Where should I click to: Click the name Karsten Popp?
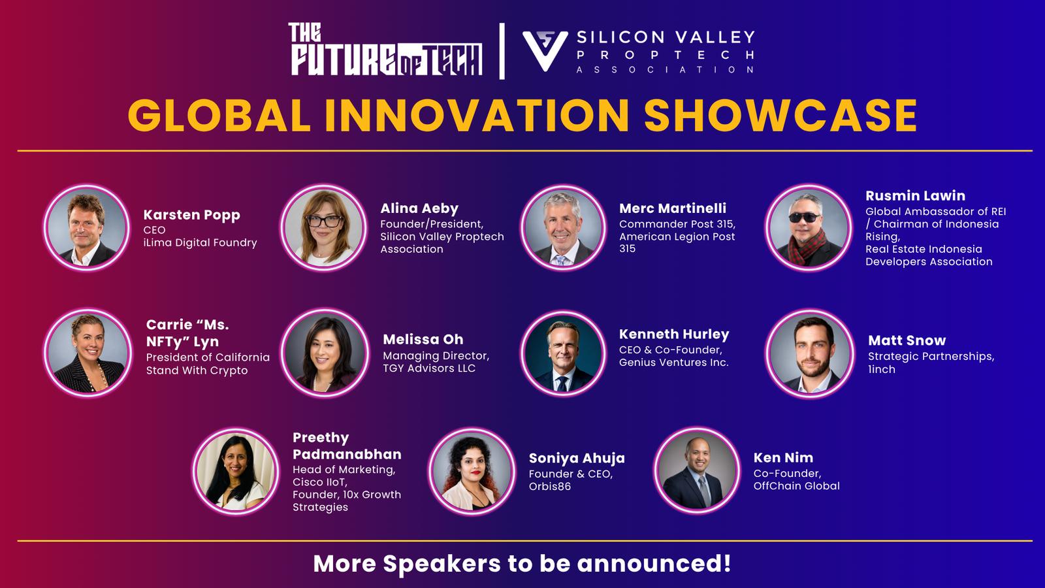coord(192,215)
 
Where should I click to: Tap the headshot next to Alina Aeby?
coord(323,227)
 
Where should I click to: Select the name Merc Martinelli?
coord(673,208)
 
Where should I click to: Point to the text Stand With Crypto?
coord(197,370)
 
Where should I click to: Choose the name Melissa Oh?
coord(423,339)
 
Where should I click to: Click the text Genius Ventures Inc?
coord(673,363)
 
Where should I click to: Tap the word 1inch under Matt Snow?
coord(882,369)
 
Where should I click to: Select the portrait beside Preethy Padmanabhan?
coord(236,471)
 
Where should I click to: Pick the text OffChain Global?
coord(796,486)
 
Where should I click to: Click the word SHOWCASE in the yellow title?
coord(780,115)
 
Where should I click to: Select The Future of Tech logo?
coord(385,50)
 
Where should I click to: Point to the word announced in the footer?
coord(654,563)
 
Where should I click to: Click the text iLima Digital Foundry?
coord(200,242)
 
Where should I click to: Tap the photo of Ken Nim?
coord(696,470)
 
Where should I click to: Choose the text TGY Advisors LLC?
coord(429,368)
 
